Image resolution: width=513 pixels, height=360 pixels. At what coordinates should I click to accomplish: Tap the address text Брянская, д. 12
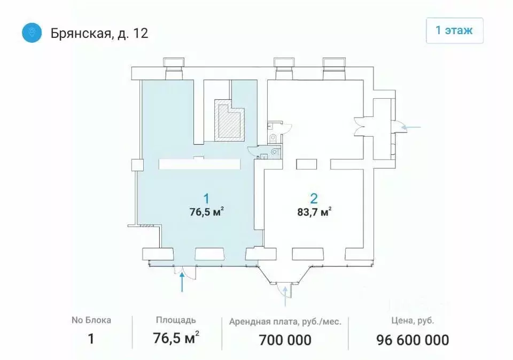(x=99, y=33)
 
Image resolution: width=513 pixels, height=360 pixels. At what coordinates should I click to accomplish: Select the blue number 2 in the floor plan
(x=314, y=199)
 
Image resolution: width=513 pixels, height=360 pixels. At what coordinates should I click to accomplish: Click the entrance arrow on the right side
(x=411, y=127)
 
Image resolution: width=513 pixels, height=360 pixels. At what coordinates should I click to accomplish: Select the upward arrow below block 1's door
(x=183, y=282)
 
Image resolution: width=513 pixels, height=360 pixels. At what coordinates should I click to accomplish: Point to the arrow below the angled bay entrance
(x=285, y=296)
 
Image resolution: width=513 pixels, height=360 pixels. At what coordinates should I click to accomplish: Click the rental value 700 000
(x=285, y=339)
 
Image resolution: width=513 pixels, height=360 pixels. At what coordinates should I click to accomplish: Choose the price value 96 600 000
(x=412, y=339)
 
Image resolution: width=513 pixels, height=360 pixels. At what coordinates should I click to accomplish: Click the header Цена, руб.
(x=412, y=321)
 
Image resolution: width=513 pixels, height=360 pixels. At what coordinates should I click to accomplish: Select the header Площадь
(x=176, y=320)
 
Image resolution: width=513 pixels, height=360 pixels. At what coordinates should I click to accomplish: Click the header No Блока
(x=91, y=320)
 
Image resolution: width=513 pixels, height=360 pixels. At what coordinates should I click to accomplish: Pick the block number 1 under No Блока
(x=91, y=339)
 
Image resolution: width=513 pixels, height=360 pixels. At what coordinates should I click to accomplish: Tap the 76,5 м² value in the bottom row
(x=176, y=339)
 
